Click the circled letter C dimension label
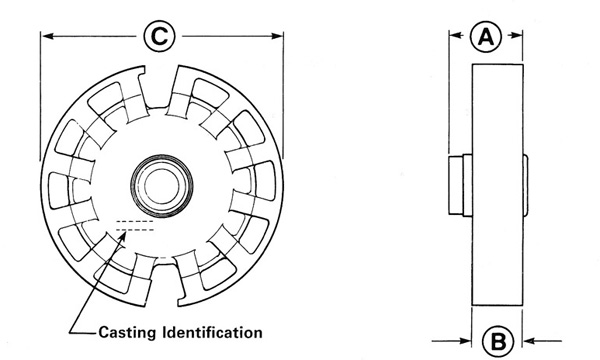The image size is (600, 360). click(159, 36)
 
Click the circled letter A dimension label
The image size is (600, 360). click(486, 37)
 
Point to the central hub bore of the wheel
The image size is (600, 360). click(161, 186)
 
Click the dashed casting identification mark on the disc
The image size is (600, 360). click(135, 226)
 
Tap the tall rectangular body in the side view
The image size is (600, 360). click(497, 185)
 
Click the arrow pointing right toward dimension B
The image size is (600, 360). click(452, 340)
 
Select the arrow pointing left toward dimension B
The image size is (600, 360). click(543, 340)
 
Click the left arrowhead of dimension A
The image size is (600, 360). click(455, 35)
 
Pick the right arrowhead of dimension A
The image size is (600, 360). click(516, 35)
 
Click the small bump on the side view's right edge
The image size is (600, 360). click(526, 184)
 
